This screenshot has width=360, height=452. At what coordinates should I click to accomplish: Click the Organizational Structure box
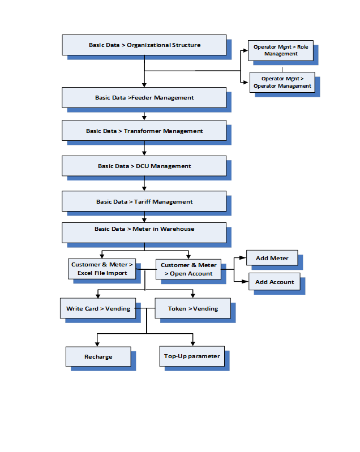coord(144,45)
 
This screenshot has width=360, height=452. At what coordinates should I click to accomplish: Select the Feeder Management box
coord(144,98)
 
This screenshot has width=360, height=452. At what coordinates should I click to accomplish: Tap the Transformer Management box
coord(144,131)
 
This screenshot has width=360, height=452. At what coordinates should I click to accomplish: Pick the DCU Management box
coord(144,166)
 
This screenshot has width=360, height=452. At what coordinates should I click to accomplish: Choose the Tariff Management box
coord(144,201)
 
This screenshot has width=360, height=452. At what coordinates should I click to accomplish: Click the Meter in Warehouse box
coord(144,233)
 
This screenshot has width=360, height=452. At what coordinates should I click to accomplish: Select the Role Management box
coord(281,50)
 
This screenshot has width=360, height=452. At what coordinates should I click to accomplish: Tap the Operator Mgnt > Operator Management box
coord(282,82)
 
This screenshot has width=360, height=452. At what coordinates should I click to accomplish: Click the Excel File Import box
coord(102,269)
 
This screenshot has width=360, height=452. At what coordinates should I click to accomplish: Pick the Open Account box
coord(188,269)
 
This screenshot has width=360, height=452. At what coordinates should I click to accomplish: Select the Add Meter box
coord(272,258)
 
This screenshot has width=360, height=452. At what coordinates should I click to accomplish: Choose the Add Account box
coord(275,282)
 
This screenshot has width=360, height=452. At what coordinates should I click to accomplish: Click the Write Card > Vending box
coord(98,308)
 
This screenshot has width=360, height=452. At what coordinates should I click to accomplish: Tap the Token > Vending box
coord(192,308)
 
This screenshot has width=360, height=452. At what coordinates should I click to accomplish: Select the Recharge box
coord(98,356)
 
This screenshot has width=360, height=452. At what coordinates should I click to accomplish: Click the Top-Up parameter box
coord(192,356)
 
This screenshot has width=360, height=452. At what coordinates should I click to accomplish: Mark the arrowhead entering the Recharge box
coord(97,344)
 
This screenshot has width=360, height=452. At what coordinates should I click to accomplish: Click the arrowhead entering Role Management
coord(245,50)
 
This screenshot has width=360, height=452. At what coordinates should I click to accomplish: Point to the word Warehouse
coord(177,229)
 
